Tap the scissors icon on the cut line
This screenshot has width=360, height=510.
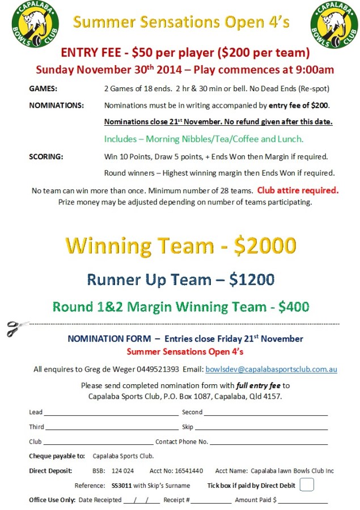pos(18,327)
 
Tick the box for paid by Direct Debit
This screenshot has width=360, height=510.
pos(306,485)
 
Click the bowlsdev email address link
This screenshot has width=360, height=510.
pos(271,369)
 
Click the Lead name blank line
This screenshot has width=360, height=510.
pos(111,413)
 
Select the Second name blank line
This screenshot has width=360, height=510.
pos(265,413)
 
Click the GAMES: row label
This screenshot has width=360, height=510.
pos(43,89)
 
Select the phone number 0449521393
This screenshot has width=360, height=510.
pos(158,369)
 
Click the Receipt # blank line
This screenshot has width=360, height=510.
pos(211,500)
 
